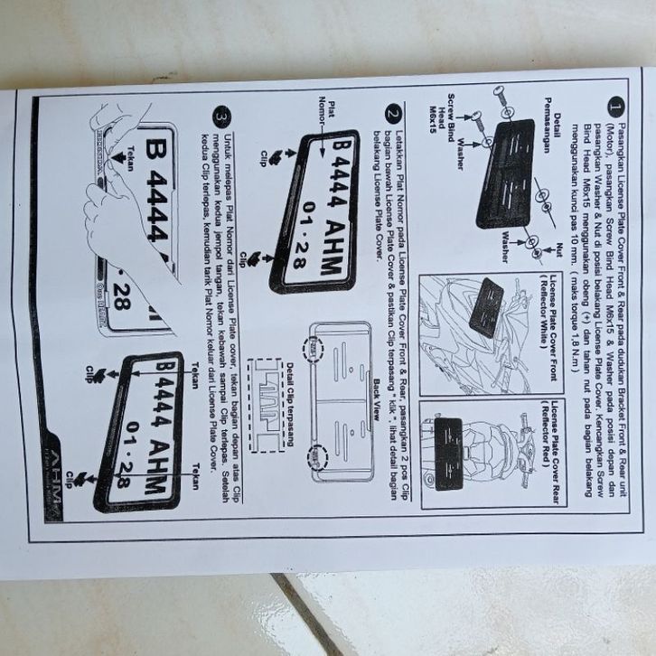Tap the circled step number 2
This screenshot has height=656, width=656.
[x=391, y=114]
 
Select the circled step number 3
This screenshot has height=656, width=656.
[x=222, y=116]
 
